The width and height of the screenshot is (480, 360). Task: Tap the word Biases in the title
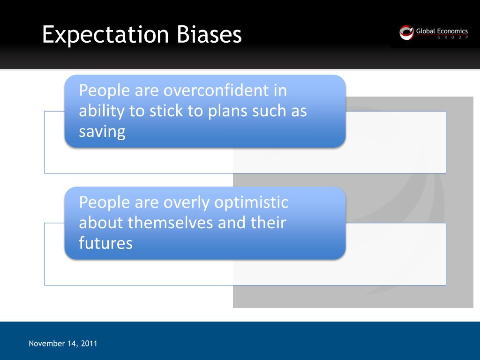210,35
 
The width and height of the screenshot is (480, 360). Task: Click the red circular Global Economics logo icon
406,32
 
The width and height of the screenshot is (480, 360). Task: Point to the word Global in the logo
425,31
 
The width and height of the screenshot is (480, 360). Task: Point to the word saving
102,132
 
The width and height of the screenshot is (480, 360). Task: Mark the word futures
106,243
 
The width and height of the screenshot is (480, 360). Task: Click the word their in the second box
268,223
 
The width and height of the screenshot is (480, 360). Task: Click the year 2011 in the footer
89,344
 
